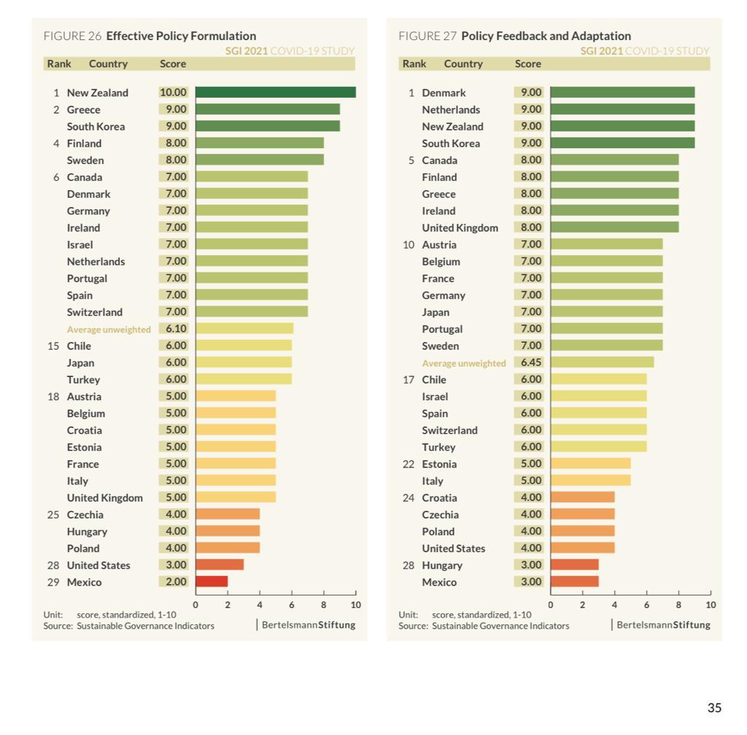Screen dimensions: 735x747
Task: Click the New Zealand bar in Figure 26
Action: coord(275,93)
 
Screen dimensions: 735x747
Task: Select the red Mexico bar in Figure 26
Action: coord(212,582)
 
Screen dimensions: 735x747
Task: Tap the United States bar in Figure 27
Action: coord(582,548)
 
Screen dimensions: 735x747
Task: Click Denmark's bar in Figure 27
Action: coord(622,93)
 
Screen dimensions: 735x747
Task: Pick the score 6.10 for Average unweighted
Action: coord(173,329)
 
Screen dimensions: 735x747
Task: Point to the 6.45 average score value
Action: coord(528,362)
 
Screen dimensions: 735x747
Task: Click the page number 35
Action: coord(714,708)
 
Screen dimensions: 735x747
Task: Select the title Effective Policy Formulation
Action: coord(181,36)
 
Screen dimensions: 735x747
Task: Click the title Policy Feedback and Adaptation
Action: coord(546,36)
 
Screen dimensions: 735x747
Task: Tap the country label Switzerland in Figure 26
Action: coord(95,312)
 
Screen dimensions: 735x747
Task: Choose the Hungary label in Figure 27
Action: coord(442,565)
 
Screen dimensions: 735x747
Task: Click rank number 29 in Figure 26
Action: coord(53,582)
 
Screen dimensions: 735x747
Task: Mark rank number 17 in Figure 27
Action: coord(409,379)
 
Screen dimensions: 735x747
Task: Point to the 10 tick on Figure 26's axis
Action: coord(356,604)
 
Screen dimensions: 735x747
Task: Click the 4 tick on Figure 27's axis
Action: coord(614,604)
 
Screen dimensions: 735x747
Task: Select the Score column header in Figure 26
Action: coord(173,63)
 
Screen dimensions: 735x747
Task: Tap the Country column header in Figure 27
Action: coord(463,63)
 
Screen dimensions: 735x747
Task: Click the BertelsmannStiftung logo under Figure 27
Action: coord(663,625)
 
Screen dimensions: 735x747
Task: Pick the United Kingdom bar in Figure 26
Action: coord(236,497)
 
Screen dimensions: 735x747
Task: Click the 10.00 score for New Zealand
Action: coord(173,93)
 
